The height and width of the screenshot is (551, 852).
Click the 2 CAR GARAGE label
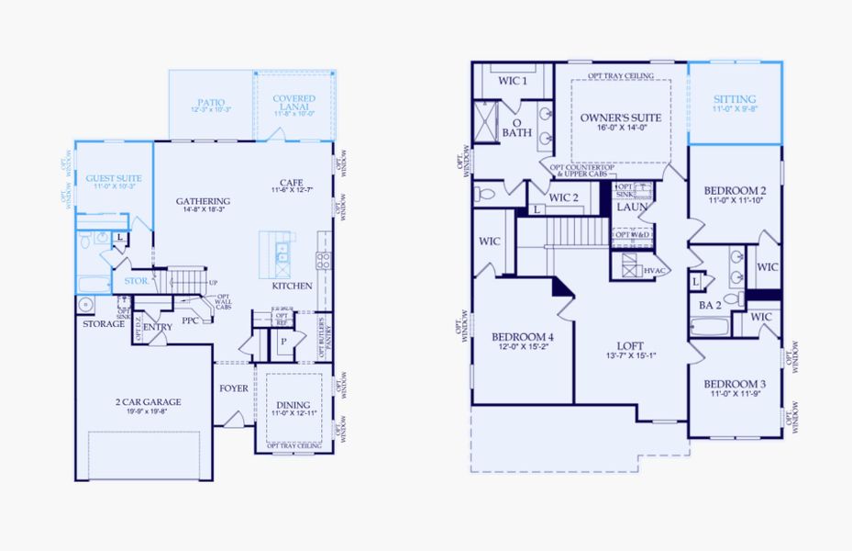[149, 401]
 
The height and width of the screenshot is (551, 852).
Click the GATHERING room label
[203, 201]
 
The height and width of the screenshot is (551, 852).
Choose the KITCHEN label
[292, 286]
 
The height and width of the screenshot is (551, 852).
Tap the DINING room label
[293, 404]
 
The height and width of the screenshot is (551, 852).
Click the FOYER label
[234, 388]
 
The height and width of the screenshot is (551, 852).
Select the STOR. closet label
[136, 281]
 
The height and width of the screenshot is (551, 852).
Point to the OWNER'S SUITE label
[620, 118]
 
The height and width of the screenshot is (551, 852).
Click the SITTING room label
[735, 99]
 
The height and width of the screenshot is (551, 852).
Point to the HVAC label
[655, 270]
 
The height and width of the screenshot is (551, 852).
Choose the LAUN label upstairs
[632, 207]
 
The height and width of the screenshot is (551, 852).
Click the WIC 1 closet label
[513, 81]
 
